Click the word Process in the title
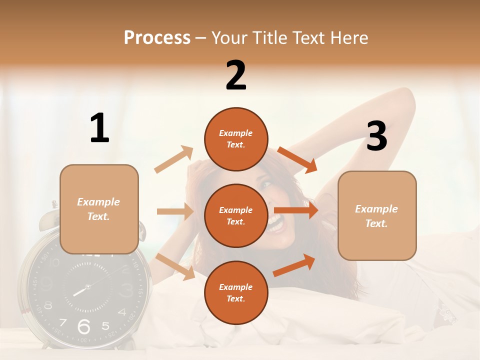pyautogui.click(x=157, y=37)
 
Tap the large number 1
pyautogui.click(x=99, y=128)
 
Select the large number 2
pyautogui.click(x=236, y=75)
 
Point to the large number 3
pyautogui.click(x=376, y=136)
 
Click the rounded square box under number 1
pyautogui.click(x=99, y=209)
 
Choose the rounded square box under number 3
pyautogui.click(x=377, y=215)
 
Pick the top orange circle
pyautogui.click(x=236, y=139)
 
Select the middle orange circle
pyautogui.click(x=236, y=215)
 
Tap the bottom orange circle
pyautogui.click(x=236, y=292)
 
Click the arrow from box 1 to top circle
pyautogui.click(x=174, y=159)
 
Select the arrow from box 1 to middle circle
pyautogui.click(x=175, y=211)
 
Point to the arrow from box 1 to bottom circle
pyautogui.click(x=175, y=266)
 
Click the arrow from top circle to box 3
pyautogui.click(x=297, y=160)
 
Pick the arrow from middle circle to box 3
pyautogui.click(x=296, y=210)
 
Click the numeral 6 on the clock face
pyautogui.click(x=83, y=326)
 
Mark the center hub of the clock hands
pyautogui.click(x=87, y=287)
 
